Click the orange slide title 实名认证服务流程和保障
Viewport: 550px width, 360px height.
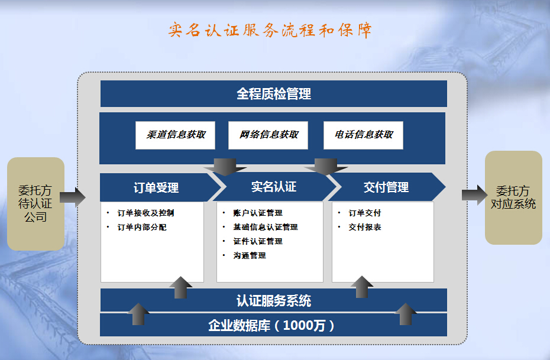click(x=270, y=30)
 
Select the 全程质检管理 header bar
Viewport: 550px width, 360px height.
click(x=274, y=93)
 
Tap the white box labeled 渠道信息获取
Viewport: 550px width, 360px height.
click(x=176, y=135)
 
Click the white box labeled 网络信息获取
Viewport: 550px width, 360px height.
click(x=268, y=135)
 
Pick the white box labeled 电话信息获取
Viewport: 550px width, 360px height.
click(x=363, y=135)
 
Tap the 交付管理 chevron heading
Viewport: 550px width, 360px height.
click(x=386, y=187)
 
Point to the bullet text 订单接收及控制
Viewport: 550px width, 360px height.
click(x=145, y=213)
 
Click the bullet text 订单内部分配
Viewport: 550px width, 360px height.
click(x=142, y=227)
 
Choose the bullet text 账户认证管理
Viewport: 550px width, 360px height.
click(x=258, y=213)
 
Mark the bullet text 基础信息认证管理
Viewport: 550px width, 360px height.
click(x=266, y=227)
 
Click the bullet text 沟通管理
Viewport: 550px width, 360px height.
click(x=250, y=255)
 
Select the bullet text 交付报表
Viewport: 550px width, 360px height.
click(x=365, y=227)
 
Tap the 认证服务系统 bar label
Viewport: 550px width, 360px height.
click(x=274, y=301)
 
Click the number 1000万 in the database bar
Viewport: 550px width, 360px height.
click(x=304, y=326)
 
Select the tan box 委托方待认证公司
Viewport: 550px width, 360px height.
click(x=35, y=204)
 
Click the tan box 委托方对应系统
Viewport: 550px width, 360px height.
click(x=513, y=197)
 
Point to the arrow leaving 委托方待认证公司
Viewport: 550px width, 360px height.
click(x=73, y=197)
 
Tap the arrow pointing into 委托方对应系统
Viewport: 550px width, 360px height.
click(x=474, y=195)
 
